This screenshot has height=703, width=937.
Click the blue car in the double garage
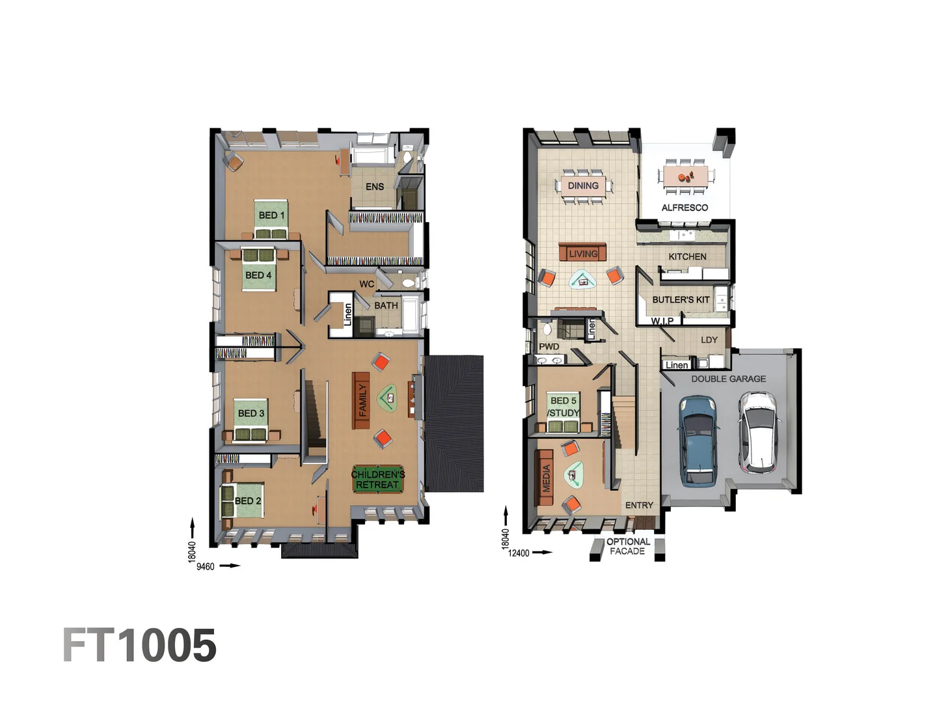point(698,441)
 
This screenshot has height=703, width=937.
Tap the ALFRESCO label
point(685,208)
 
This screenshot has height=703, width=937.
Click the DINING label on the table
point(582,186)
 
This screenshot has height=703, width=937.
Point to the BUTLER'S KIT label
point(681,299)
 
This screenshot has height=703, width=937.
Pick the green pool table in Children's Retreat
point(377,479)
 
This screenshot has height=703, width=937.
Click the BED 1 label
point(271,215)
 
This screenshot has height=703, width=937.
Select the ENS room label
point(374,187)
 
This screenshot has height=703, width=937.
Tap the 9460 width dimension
point(206,567)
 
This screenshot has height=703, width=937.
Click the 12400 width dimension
point(519,553)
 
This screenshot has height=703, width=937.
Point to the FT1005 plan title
point(140,645)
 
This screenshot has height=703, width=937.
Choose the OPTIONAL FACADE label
point(628,546)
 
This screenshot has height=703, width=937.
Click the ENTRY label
point(639,505)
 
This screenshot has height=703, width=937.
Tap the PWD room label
point(549,346)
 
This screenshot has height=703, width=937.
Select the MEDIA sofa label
point(546,478)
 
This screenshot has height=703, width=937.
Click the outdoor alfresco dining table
point(685,176)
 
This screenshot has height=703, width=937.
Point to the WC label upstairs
point(366,284)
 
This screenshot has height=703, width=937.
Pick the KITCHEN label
point(687,256)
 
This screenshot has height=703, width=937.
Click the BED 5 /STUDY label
point(563,407)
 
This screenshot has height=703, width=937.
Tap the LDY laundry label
point(709,340)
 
